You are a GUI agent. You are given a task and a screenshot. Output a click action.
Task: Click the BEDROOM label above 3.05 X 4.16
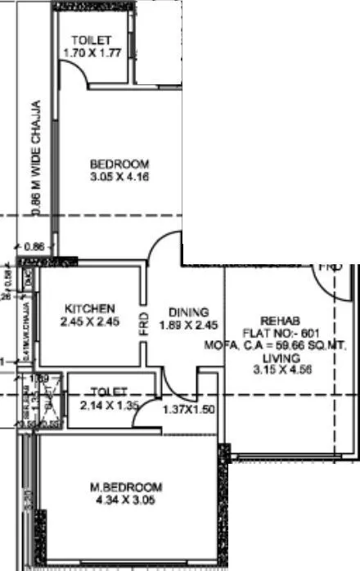click(x=119, y=163)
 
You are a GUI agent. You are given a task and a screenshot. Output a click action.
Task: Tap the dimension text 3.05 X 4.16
click(x=119, y=175)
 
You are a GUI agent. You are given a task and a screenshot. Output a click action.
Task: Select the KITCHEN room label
click(x=90, y=308)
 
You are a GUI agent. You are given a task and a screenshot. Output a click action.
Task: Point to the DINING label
click(x=189, y=312)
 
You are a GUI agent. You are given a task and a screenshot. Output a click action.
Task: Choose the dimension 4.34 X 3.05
click(x=126, y=500)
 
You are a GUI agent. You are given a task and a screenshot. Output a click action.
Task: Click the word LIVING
click(x=279, y=357)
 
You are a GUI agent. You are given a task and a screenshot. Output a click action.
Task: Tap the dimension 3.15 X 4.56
click(x=279, y=370)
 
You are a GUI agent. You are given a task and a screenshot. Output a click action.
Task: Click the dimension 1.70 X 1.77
click(x=92, y=53)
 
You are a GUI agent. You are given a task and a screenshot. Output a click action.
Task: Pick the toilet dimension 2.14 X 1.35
click(x=110, y=403)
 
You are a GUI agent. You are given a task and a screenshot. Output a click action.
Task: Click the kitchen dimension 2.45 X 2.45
click(x=90, y=321)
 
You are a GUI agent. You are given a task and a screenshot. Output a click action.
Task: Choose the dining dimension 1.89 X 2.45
click(x=189, y=324)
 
